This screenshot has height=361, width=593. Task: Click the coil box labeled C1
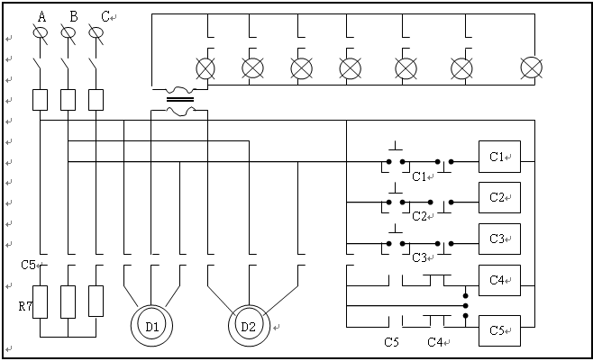(499, 157)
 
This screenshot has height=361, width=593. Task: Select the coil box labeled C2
(499, 197)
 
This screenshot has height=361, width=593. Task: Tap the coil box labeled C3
(499, 239)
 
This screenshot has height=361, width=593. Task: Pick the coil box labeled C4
(499, 280)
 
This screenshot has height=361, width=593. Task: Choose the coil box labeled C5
(499, 330)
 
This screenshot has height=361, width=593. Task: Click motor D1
(152, 326)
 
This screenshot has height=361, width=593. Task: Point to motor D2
(249, 326)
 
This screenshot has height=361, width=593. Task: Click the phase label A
(42, 17)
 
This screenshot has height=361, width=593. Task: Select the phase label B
(74, 17)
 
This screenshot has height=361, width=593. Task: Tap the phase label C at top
(105, 17)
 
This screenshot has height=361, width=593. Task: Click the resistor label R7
(25, 306)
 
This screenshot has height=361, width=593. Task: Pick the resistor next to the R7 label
(40, 302)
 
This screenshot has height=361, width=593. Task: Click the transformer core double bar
(180, 100)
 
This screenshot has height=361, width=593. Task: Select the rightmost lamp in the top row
(532, 68)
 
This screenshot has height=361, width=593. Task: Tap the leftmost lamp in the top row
(205, 68)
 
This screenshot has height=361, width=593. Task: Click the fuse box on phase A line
(40, 100)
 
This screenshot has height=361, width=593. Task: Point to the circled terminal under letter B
(68, 33)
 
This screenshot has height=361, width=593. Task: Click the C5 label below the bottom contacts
(391, 342)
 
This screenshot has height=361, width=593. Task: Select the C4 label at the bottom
(435, 342)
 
